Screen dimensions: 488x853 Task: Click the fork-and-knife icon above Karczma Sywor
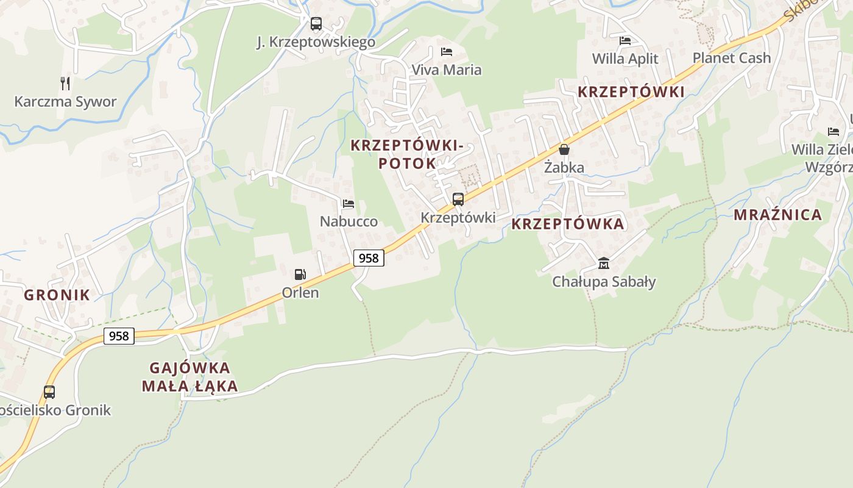coord(65,83)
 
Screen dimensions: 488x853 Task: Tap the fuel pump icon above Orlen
coord(300,274)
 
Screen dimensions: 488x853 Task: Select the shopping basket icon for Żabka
coord(564,149)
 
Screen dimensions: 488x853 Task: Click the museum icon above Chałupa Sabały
coord(603,263)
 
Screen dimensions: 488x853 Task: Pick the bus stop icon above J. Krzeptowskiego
coord(316,24)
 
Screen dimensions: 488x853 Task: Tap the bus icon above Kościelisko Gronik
coord(49,392)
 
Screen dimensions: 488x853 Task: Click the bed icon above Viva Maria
coord(447,52)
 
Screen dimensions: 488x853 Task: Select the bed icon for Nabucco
coord(348,204)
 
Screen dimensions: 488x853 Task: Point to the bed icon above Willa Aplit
coord(625,41)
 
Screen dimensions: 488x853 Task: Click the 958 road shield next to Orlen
coord(369,258)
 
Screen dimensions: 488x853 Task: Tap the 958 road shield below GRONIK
coord(119,335)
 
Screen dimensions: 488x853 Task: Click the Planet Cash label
coord(732,58)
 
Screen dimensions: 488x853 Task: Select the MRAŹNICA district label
coord(777,215)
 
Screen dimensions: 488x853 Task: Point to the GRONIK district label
coord(57,295)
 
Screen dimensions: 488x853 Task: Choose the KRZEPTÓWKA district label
coord(567,224)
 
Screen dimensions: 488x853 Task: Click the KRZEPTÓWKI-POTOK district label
coord(407,154)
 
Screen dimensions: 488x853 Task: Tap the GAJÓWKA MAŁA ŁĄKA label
coord(189,376)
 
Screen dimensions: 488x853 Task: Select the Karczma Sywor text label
coord(65,101)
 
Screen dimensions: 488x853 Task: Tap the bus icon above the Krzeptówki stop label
coord(458,199)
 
